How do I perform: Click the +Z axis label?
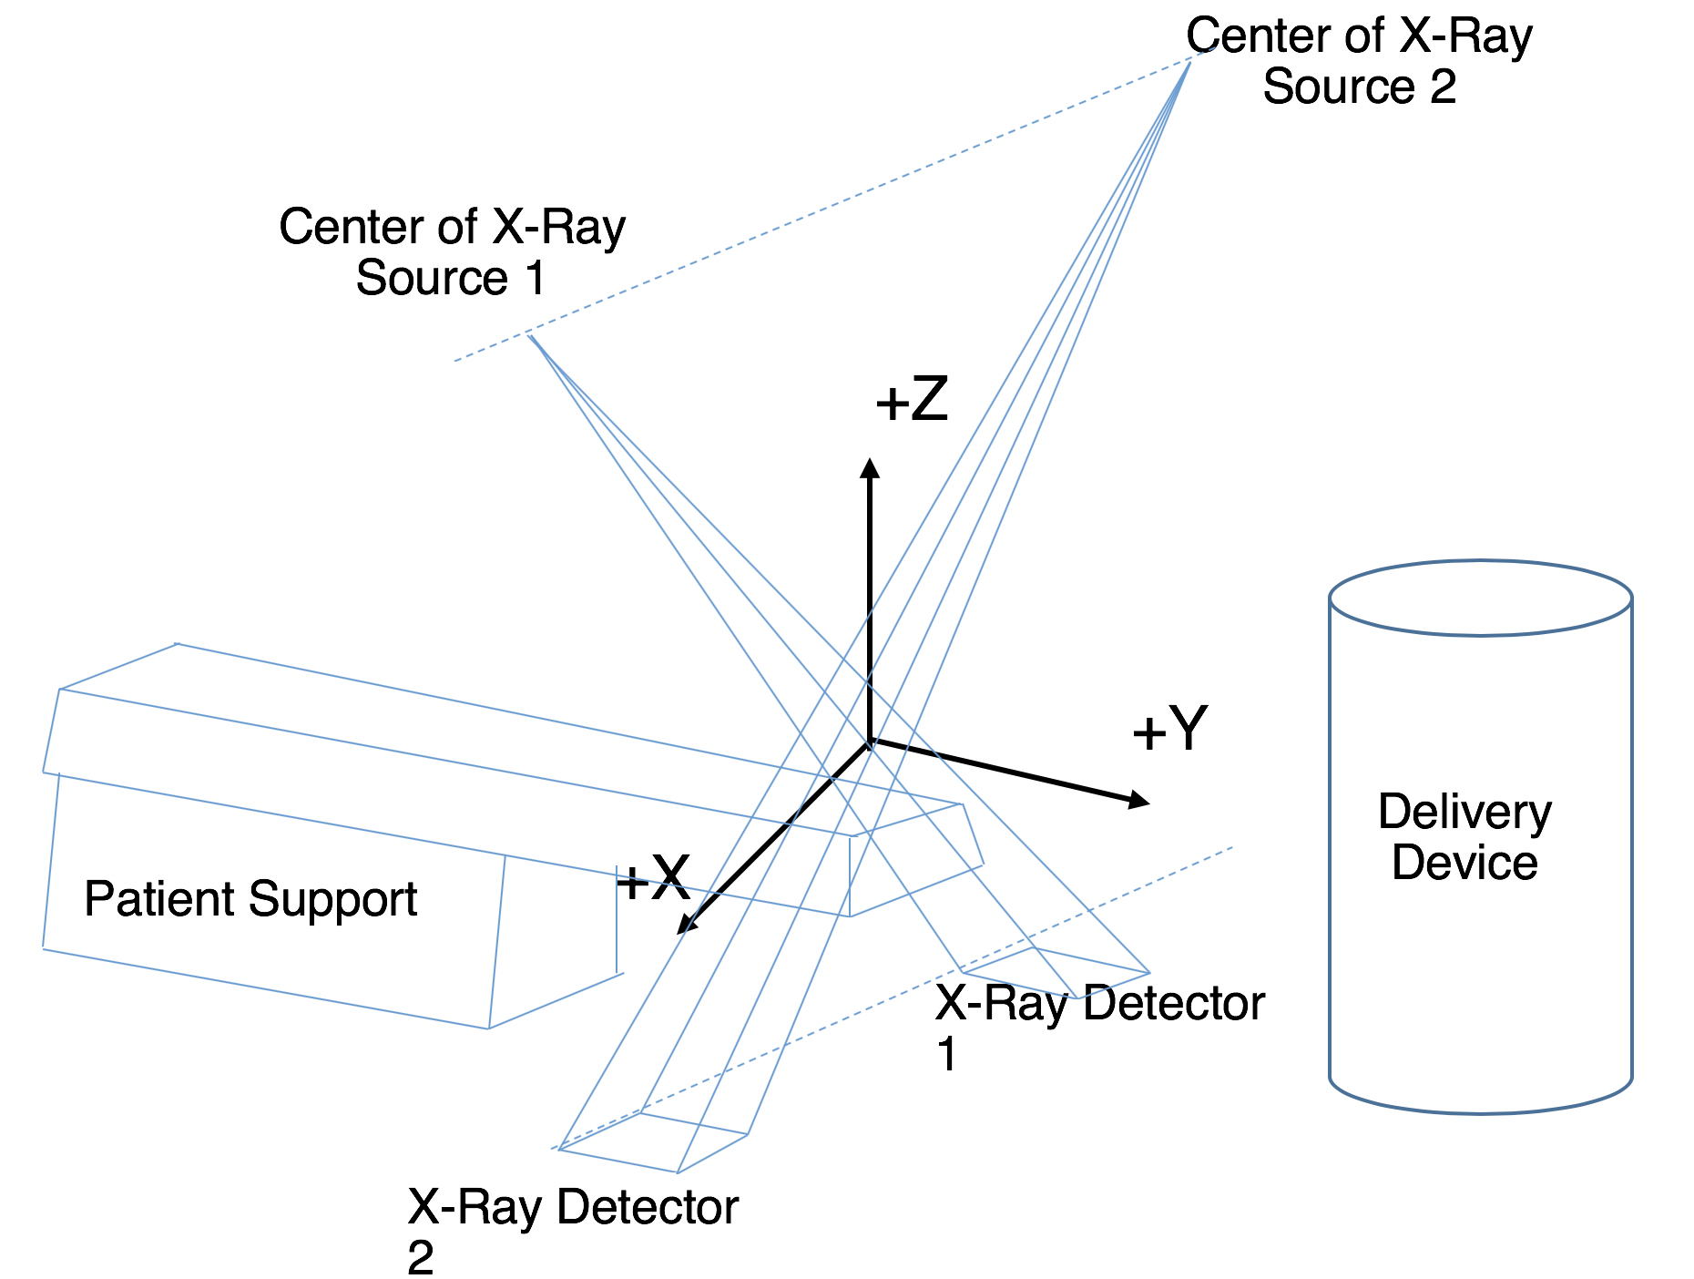[x=912, y=400]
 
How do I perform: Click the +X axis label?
[x=653, y=878]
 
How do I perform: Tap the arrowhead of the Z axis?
[x=871, y=468]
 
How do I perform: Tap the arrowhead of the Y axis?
[x=1139, y=801]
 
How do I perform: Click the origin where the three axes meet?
[x=871, y=741]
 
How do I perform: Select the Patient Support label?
[x=250, y=899]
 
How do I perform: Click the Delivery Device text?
[x=1464, y=837]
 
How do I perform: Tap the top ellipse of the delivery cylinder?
[x=1480, y=598]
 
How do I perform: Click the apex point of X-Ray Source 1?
[x=530, y=336]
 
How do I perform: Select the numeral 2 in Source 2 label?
[x=1442, y=87]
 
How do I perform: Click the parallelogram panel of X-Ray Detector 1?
[x=1056, y=972]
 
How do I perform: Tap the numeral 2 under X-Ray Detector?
[x=421, y=1258]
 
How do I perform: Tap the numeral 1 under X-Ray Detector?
[x=947, y=1055]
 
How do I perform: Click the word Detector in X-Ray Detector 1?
[x=1174, y=1003]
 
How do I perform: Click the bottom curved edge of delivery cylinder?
[x=1480, y=1111]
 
